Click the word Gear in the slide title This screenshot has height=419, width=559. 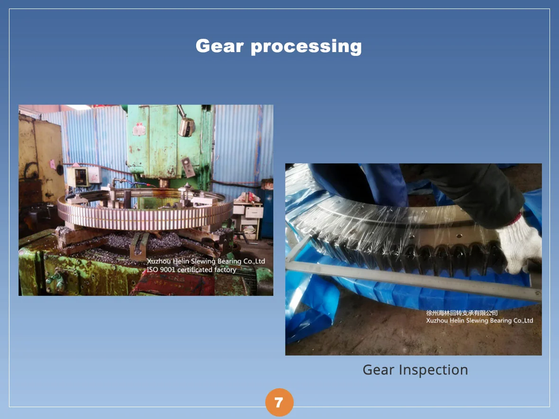point(220,46)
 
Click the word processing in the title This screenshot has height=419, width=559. point(306,47)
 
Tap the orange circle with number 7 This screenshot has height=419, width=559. point(279,402)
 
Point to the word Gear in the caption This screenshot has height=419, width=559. point(379,370)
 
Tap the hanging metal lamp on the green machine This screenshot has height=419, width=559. point(187,126)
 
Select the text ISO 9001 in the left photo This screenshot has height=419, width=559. point(161,269)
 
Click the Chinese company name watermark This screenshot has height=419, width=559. point(462,313)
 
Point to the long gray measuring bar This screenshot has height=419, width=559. point(414,278)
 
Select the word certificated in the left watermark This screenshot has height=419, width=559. point(195,269)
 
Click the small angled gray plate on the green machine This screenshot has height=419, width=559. point(188,167)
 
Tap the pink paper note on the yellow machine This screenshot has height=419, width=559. point(53,164)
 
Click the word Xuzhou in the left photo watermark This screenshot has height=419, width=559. point(159,261)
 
